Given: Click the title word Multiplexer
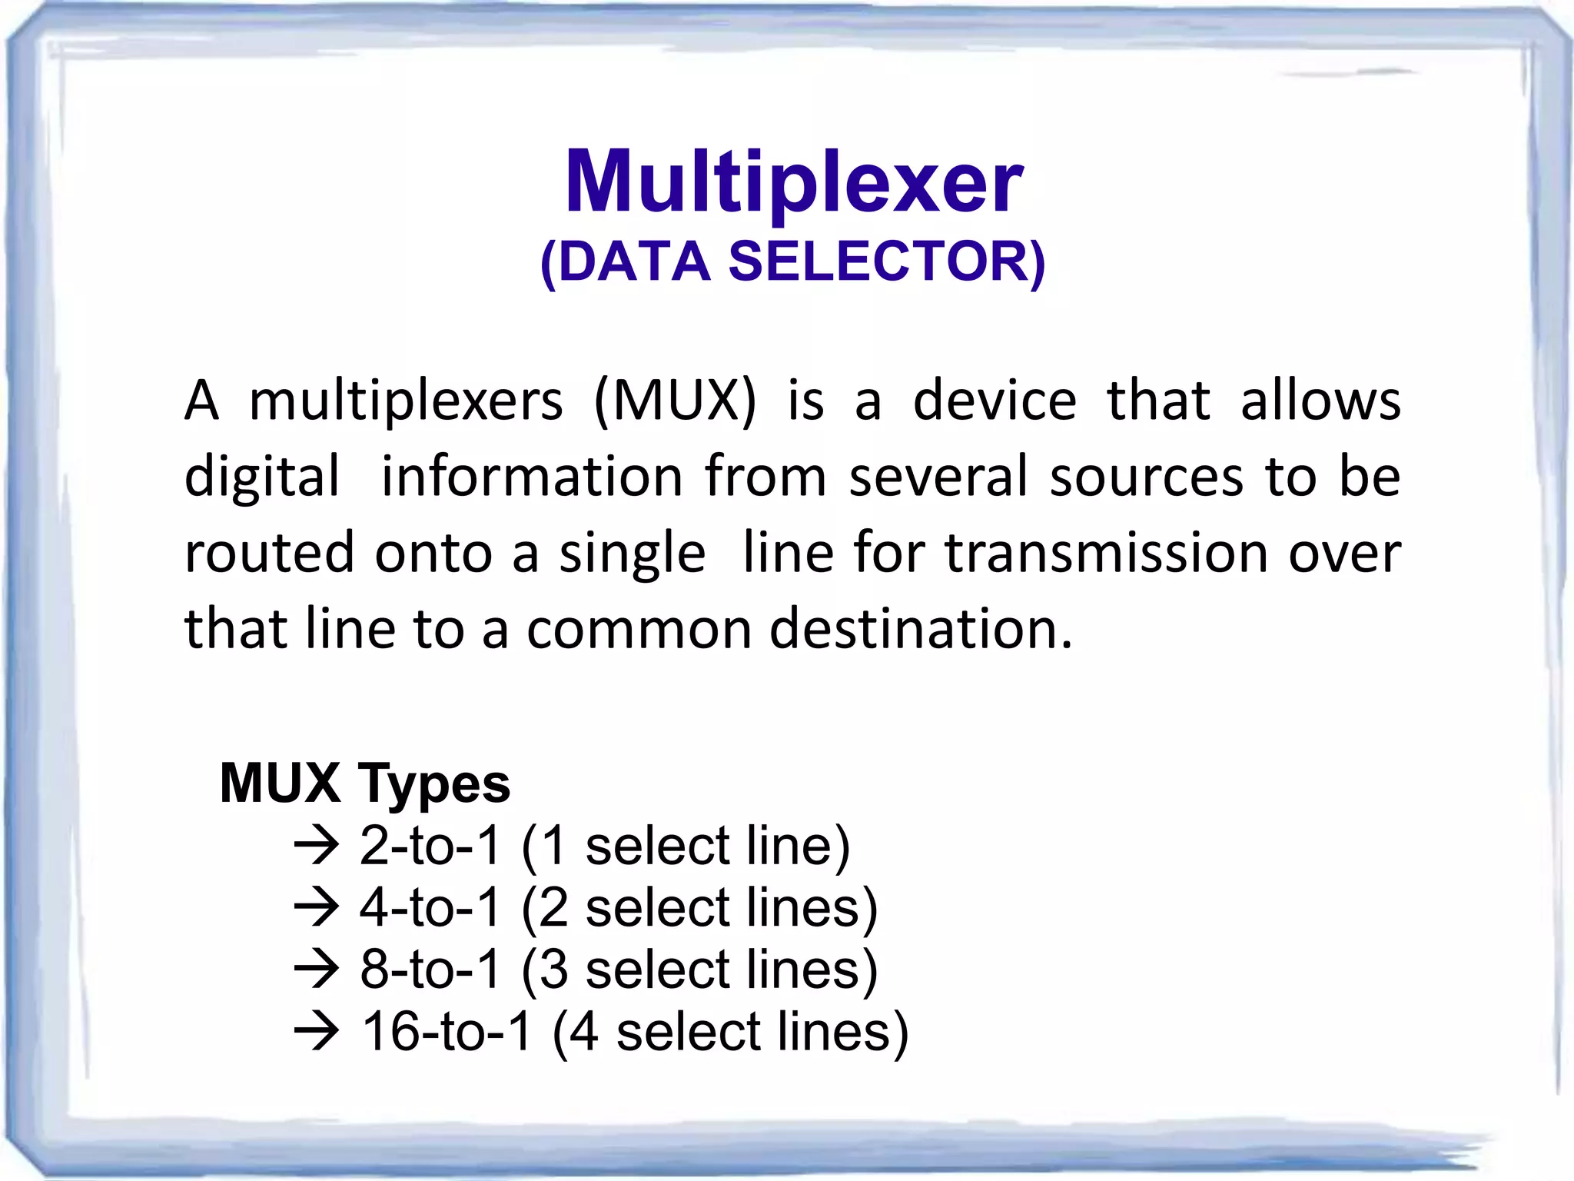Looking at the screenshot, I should [x=793, y=183].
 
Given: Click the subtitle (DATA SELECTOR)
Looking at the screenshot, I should [x=793, y=261].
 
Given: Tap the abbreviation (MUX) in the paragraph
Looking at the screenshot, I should [x=676, y=401].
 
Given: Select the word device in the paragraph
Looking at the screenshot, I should [x=995, y=401].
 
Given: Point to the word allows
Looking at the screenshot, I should [x=1320, y=401].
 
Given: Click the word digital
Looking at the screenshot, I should [x=262, y=477].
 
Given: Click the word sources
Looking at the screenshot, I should [x=1147, y=477].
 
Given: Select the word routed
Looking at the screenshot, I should [x=270, y=553].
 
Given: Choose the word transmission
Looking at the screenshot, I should [x=1106, y=553].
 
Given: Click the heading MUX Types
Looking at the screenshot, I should [x=365, y=783].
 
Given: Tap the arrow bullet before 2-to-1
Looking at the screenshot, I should [x=316, y=846].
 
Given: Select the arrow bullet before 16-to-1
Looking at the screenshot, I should [x=316, y=1032].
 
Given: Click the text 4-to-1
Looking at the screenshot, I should [x=430, y=908].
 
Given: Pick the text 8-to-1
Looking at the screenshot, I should [x=430, y=970].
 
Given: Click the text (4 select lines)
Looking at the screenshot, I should [x=730, y=1032].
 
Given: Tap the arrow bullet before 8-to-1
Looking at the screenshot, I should [x=316, y=970].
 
